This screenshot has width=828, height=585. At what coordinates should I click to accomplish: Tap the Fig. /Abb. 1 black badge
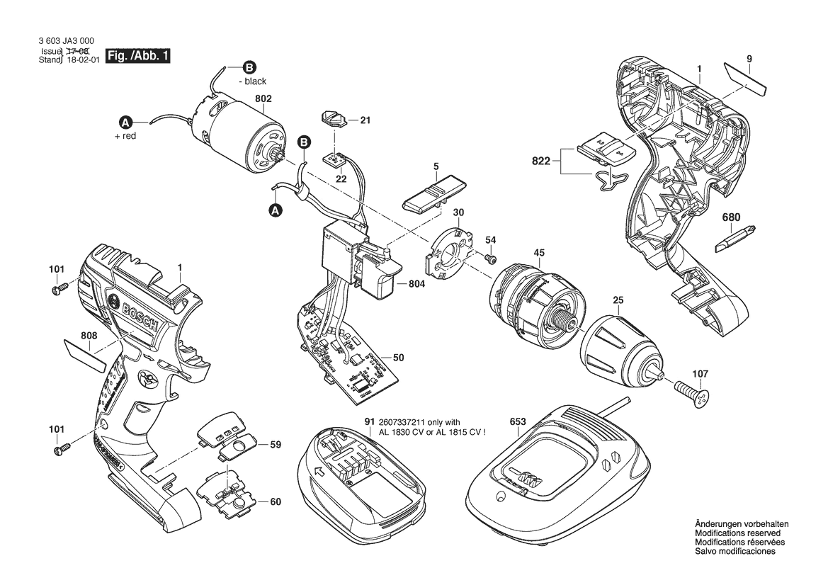point(137,56)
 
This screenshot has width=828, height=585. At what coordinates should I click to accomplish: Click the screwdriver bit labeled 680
point(730,239)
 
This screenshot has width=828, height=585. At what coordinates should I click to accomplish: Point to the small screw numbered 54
point(487,260)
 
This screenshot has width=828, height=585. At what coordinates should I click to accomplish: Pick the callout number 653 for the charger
point(518,421)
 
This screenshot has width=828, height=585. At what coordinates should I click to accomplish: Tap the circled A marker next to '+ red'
point(126,121)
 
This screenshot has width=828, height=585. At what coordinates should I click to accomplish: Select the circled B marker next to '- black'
point(248,68)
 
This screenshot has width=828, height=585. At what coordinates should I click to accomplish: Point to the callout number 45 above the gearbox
point(539,253)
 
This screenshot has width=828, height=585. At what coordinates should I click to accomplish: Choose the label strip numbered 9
point(746,76)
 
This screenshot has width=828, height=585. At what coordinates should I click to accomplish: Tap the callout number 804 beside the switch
point(418,284)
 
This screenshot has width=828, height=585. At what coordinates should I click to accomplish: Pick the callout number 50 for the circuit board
point(398,358)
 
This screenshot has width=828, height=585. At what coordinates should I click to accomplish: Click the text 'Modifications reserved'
point(737,533)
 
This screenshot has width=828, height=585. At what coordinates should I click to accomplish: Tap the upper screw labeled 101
point(59,288)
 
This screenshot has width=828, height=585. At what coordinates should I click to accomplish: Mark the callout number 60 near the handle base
point(276,502)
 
